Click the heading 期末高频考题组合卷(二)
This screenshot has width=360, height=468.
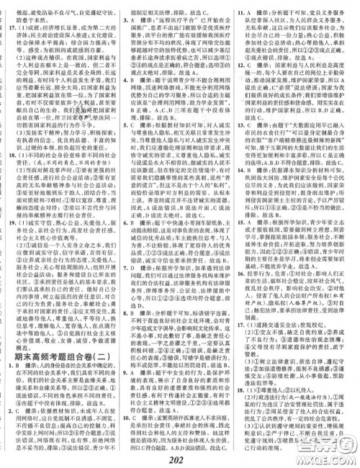[65, 348]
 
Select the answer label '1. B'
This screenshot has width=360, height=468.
[20, 362]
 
